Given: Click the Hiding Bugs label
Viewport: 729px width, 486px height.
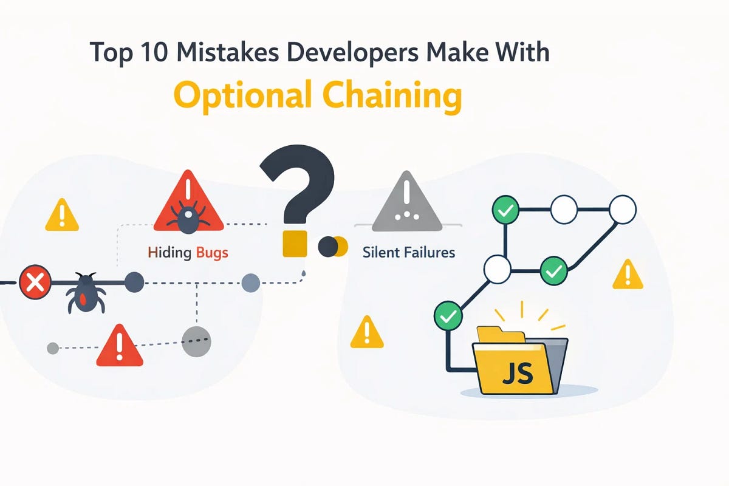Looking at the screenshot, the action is pos(188,253).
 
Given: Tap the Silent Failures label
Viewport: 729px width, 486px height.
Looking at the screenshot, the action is pos(409,253).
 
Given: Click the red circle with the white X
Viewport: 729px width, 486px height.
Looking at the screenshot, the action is pos(35,282).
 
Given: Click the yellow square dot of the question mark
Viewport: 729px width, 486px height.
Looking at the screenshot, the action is pos(295,244).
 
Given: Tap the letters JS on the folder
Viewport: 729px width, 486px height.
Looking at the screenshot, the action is pos(518,374).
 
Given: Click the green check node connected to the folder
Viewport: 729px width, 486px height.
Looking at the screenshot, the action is pos(448,315).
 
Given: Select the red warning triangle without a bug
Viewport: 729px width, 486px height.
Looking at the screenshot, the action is pos(120,346).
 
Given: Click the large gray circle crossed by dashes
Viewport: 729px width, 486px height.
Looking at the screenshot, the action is pos(196,342).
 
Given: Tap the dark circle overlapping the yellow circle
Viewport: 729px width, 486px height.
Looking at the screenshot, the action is pos(327,247).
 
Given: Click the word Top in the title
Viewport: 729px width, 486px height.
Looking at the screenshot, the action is pos(111,53).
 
